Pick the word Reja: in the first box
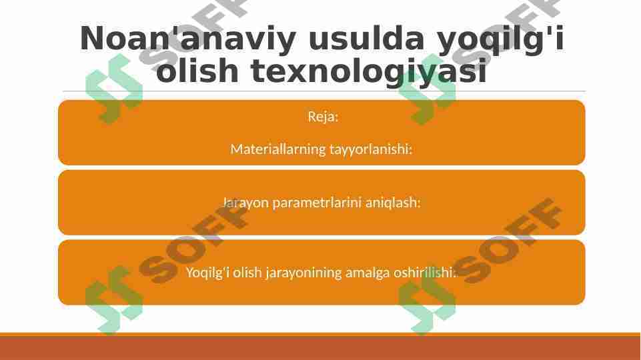tap(323, 117)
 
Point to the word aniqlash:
tap(393, 203)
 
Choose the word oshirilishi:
tap(425, 273)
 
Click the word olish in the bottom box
tap(243, 273)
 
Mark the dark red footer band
tap(320, 348)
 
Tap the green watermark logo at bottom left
tap(113, 300)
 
